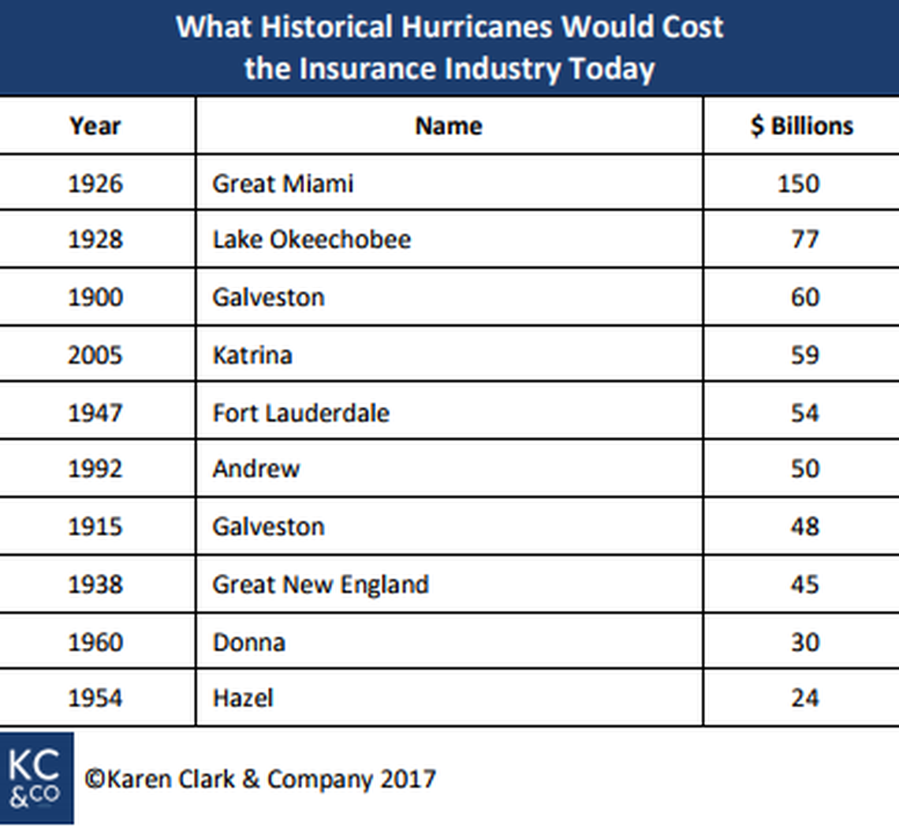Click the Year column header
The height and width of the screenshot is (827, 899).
tap(95, 126)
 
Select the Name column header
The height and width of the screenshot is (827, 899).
tap(449, 126)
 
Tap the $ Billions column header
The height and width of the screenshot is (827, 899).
tap(802, 126)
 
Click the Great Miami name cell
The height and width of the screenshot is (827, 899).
tap(282, 184)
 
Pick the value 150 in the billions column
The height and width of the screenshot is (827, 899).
tap(798, 184)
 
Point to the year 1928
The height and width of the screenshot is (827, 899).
tap(95, 240)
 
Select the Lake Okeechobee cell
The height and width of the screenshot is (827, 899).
tap(311, 240)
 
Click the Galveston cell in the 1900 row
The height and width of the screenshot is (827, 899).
tap(268, 297)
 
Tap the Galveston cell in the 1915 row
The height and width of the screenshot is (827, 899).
tap(268, 526)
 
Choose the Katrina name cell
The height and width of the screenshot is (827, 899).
tap(252, 355)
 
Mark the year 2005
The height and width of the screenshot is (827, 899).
tap(95, 355)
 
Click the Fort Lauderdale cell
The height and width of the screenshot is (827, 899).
tap(300, 413)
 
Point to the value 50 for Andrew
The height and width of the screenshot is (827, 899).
tap(804, 470)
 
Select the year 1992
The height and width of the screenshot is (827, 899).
tap(95, 470)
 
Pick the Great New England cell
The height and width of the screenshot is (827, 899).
tap(320, 585)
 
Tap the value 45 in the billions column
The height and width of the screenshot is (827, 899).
tap(804, 585)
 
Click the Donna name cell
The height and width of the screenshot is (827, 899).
tap(248, 642)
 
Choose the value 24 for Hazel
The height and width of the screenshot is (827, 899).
tap(804, 698)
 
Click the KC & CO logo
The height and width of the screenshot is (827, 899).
tap(36, 778)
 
